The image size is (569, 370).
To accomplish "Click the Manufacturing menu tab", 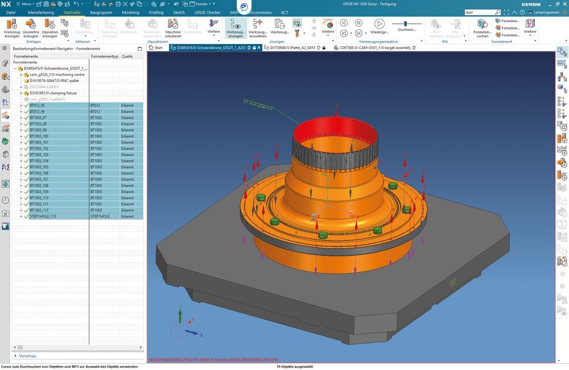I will point(40,12).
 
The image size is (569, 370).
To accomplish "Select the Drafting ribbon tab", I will point(156,12).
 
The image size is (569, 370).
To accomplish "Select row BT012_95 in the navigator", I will point(37,105).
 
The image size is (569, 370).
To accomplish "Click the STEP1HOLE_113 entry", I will point(43,216).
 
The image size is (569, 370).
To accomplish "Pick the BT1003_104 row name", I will point(39,161).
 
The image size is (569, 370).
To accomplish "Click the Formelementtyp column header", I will point(104,56).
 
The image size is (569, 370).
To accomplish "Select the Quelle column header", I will point(127,56).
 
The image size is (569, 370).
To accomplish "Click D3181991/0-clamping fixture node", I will point(53,93).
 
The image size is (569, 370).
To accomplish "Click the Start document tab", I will point(158,48).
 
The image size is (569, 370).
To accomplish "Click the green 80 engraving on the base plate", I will point(453,282).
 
